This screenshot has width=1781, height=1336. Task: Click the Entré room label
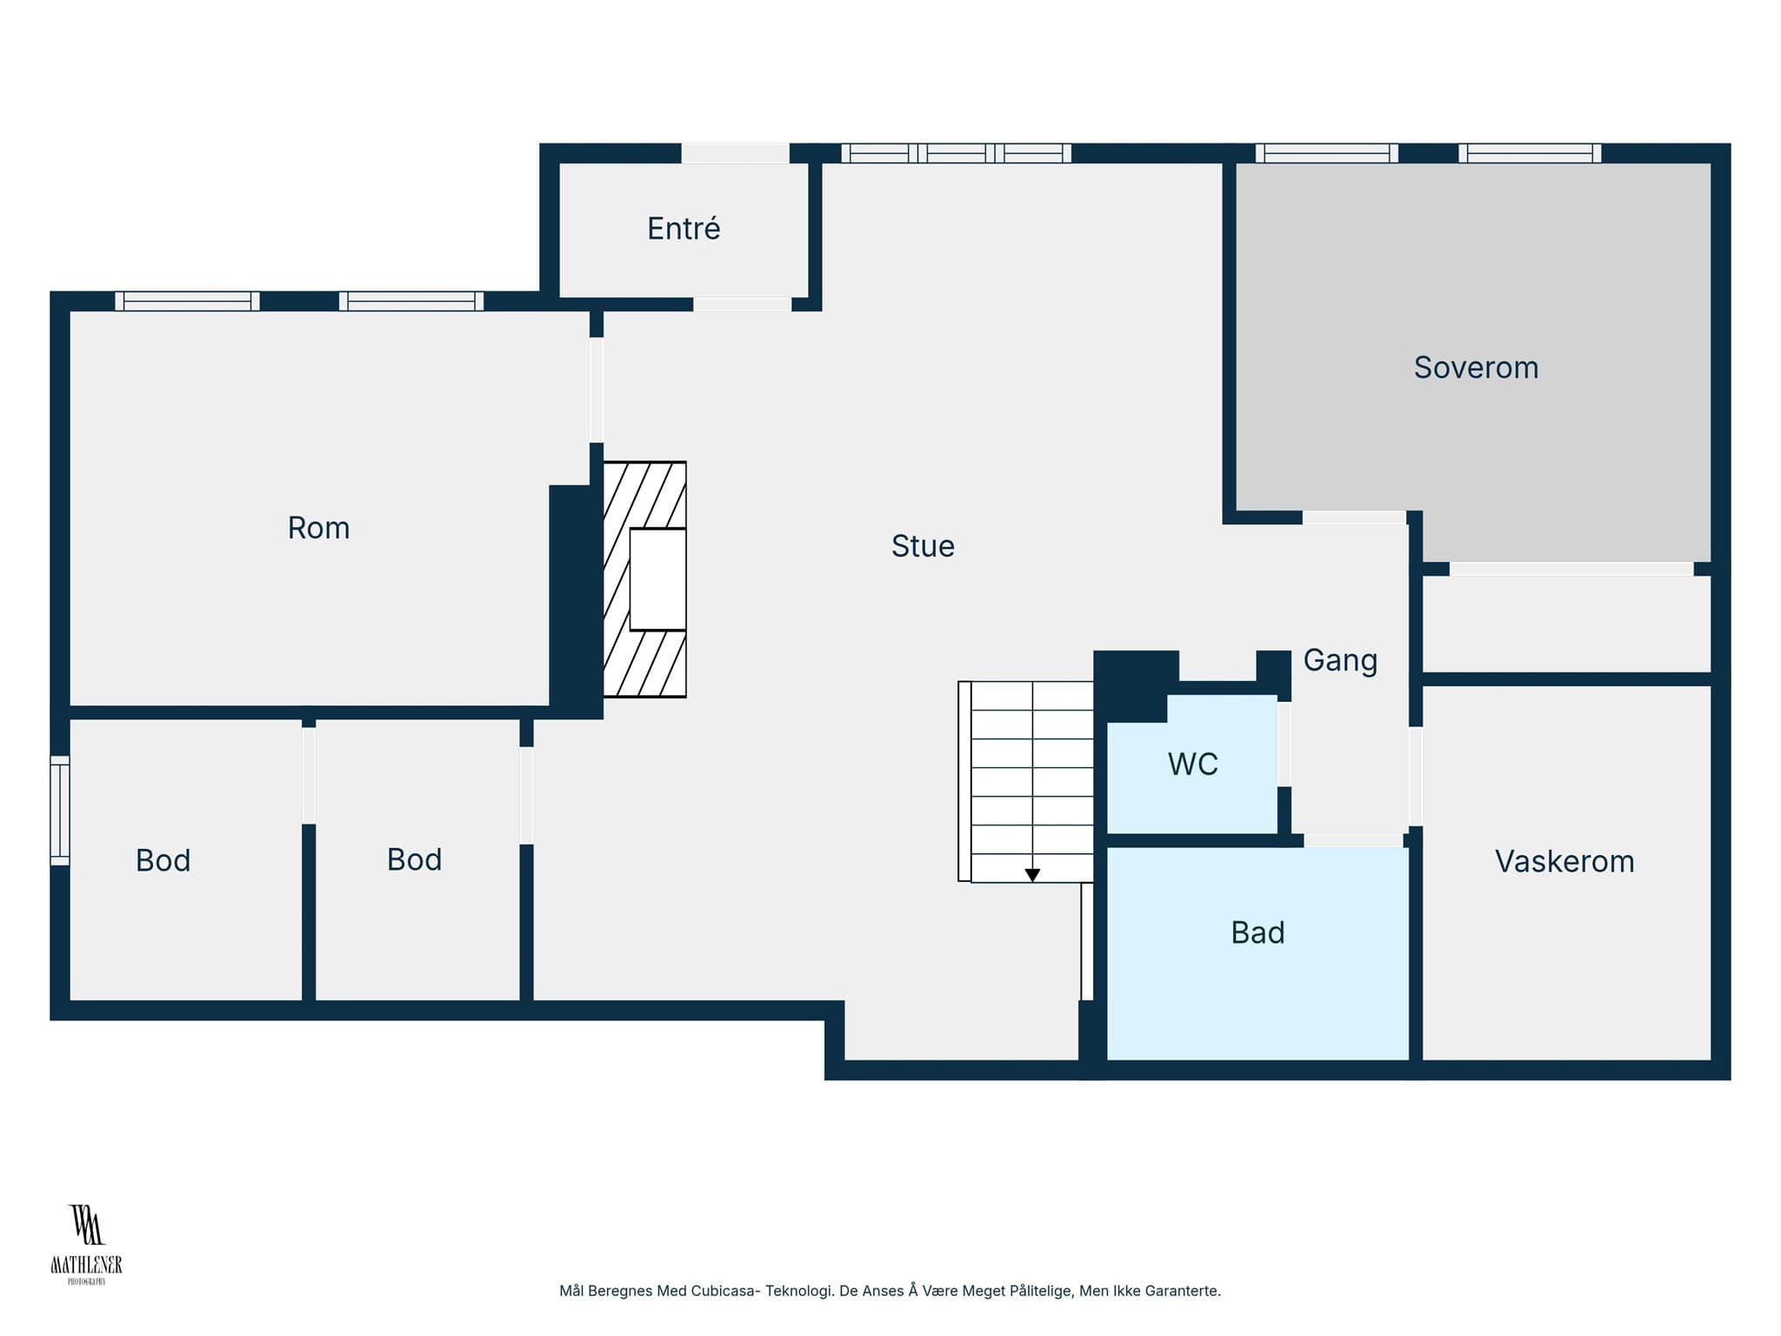(684, 229)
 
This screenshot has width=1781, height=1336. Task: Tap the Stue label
(923, 546)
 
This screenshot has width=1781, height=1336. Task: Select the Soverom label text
(1476, 368)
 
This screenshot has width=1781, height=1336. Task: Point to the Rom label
(318, 528)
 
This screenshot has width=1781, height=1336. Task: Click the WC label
(1192, 764)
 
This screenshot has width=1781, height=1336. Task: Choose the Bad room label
(1257, 932)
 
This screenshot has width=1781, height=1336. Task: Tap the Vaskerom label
(1564, 861)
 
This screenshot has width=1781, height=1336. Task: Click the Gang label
(1340, 661)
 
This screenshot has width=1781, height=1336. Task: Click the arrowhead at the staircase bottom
(1032, 875)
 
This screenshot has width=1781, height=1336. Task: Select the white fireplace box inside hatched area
(657, 579)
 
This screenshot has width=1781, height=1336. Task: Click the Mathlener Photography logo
(86, 1244)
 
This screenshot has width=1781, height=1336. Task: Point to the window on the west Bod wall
(59, 811)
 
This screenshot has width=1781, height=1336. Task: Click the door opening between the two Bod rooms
(309, 775)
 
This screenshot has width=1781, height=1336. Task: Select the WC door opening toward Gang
(1284, 744)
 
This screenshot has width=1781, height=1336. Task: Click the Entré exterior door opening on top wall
(735, 153)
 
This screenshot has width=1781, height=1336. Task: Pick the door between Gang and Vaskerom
(1415, 776)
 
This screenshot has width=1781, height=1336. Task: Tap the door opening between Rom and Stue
(597, 390)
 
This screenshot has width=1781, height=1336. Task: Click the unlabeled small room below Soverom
(1566, 624)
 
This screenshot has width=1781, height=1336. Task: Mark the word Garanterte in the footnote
(1184, 1291)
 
